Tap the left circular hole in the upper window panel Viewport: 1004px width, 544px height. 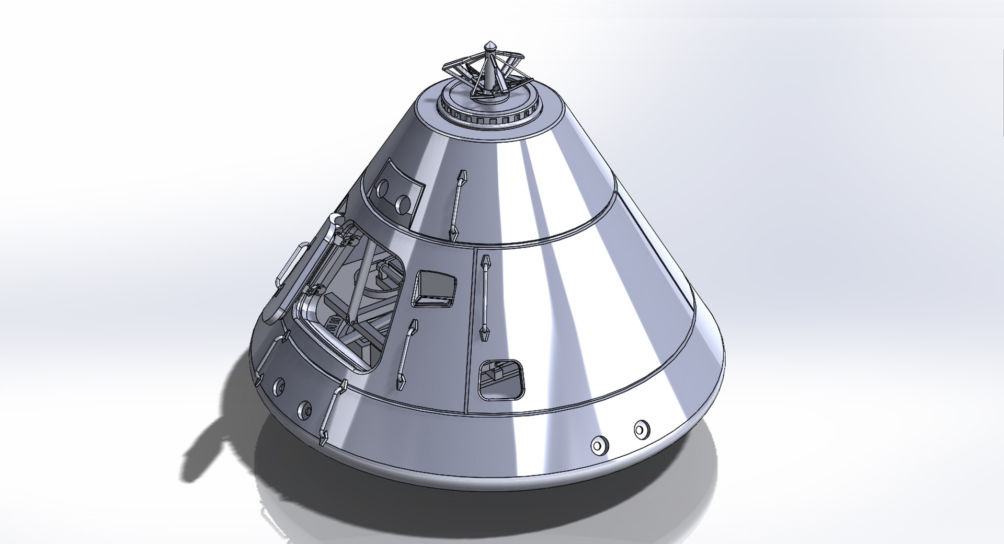click(383, 188)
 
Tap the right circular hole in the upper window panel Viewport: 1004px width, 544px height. click(403, 203)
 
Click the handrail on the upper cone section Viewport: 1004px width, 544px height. click(457, 206)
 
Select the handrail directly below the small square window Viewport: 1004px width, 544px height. click(407, 354)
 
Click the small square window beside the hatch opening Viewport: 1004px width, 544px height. click(435, 288)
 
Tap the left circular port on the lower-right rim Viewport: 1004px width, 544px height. click(599, 445)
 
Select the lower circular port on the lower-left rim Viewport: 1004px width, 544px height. click(304, 408)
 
